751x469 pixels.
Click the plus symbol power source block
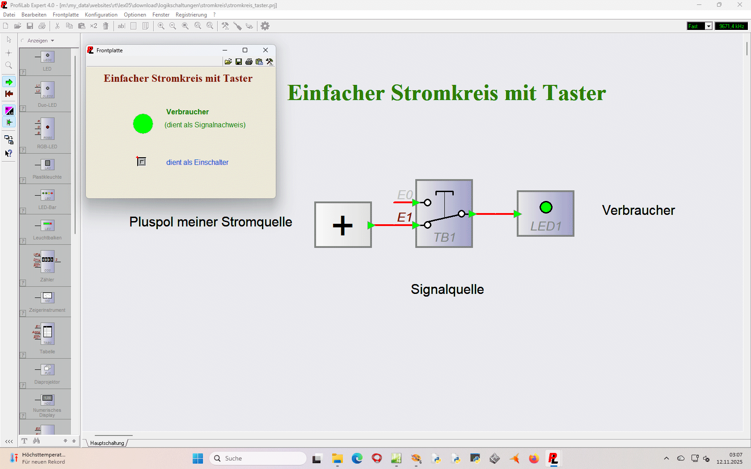[x=343, y=225]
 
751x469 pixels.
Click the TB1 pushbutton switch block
[x=444, y=214]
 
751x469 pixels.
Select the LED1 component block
[x=545, y=214]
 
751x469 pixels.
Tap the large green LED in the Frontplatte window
[x=143, y=124]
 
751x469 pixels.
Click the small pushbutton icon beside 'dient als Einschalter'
[x=141, y=161]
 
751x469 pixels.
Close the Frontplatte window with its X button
[x=266, y=50]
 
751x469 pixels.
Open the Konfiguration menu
[x=101, y=15]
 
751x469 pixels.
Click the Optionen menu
[x=135, y=15]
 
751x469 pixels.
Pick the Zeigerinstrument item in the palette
[x=47, y=301]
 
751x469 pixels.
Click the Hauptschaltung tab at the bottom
[x=107, y=443]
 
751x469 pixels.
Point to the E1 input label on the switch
[x=404, y=218]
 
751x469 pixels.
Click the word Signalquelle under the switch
[x=447, y=289]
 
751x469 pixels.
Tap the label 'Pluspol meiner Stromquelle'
[x=211, y=222]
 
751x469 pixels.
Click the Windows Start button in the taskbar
[x=198, y=458]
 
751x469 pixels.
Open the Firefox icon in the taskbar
[x=534, y=458]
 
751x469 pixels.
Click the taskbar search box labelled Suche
[x=258, y=458]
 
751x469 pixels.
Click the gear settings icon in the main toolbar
[x=265, y=26]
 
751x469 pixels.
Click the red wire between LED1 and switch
[x=494, y=214]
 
